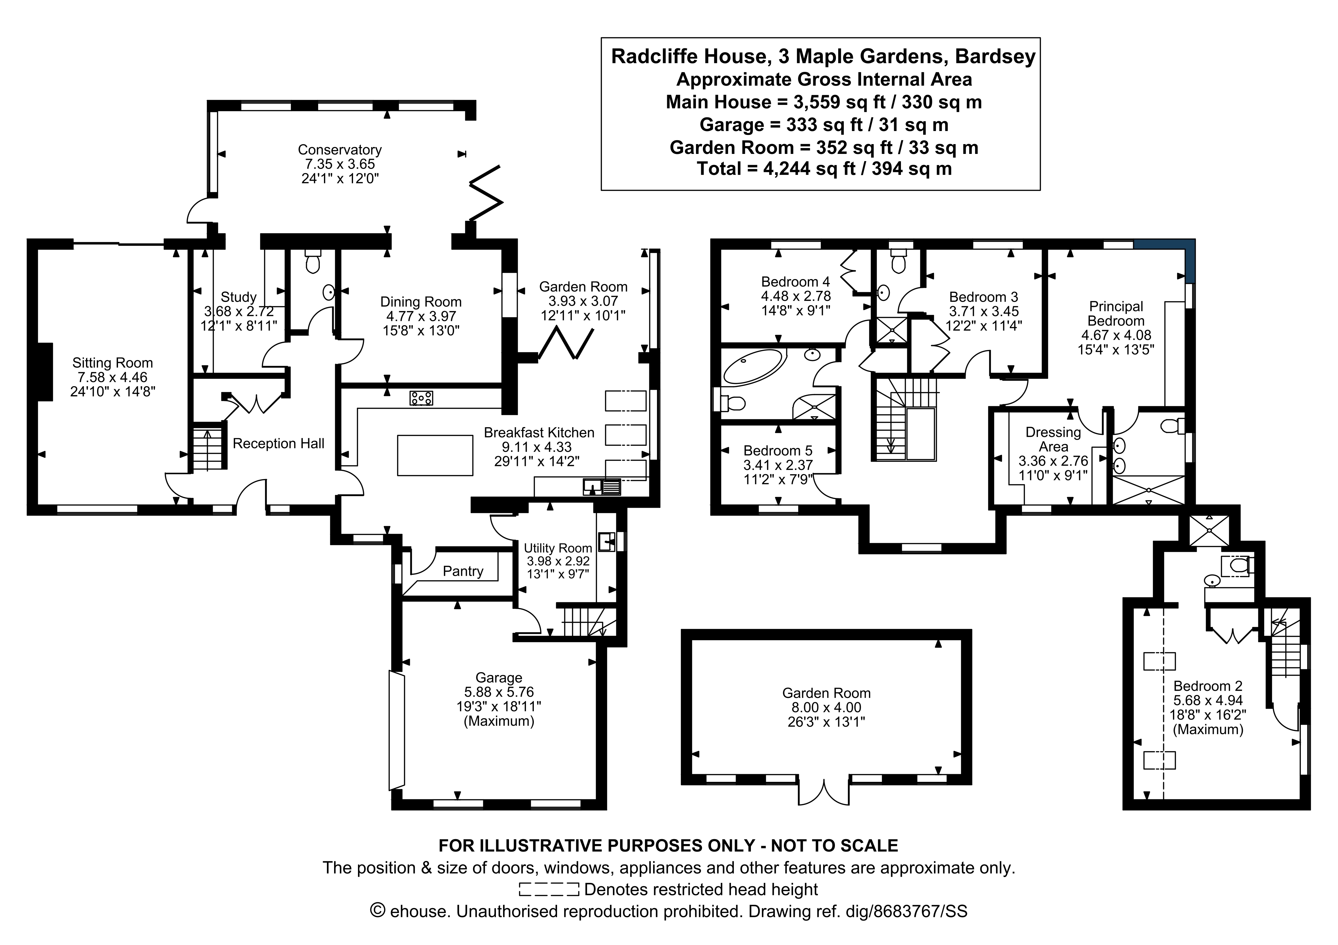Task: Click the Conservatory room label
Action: (339, 150)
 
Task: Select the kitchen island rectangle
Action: (435, 456)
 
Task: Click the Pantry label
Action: (463, 571)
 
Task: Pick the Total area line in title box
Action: (824, 169)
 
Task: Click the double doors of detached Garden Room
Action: (824, 791)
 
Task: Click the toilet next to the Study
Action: (313, 263)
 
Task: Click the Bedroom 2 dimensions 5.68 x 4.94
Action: (1208, 700)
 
